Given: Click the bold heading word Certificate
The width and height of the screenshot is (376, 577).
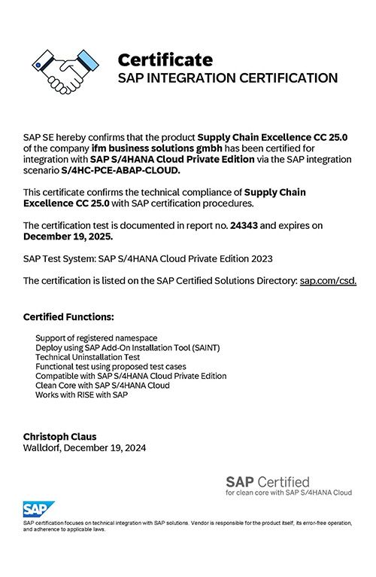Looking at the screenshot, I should pyautogui.click(x=165, y=60).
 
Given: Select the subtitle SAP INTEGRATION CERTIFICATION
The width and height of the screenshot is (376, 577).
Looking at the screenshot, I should pyautogui.click(x=227, y=78).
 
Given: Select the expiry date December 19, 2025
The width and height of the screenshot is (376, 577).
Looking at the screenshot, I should pyautogui.click(x=68, y=237).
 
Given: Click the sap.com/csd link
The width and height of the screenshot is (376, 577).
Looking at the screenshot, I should pyautogui.click(x=328, y=280).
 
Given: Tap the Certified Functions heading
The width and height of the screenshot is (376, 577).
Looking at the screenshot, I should pyautogui.click(x=68, y=316).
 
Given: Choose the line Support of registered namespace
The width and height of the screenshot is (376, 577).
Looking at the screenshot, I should pyautogui.click(x=96, y=339).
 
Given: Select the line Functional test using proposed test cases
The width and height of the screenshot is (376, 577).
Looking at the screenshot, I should pyautogui.click(x=111, y=367).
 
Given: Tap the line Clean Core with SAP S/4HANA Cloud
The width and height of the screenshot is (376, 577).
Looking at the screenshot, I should pyautogui.click(x=102, y=385).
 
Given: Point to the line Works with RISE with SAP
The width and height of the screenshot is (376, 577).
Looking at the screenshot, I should pyautogui.click(x=81, y=395).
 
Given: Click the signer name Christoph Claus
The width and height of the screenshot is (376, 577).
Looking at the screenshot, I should pyautogui.click(x=59, y=437).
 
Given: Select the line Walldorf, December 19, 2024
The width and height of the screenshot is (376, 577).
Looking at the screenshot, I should pyautogui.click(x=85, y=447).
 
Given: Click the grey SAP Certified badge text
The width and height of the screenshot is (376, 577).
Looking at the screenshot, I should pyautogui.click(x=267, y=481).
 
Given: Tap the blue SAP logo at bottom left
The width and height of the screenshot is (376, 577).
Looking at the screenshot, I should pyautogui.click(x=36, y=508).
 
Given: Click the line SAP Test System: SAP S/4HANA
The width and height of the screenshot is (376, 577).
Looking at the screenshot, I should pyautogui.click(x=147, y=258).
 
